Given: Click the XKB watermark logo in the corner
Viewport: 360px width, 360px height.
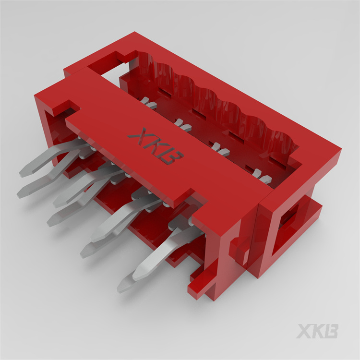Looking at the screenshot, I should pyautogui.click(x=317, y=331).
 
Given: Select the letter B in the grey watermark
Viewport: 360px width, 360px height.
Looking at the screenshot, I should pyautogui.click(x=331, y=331).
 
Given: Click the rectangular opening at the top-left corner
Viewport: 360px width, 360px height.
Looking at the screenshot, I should pyautogui.click(x=108, y=65).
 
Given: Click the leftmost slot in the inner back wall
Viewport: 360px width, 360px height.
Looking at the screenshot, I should pyautogui.click(x=163, y=91).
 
